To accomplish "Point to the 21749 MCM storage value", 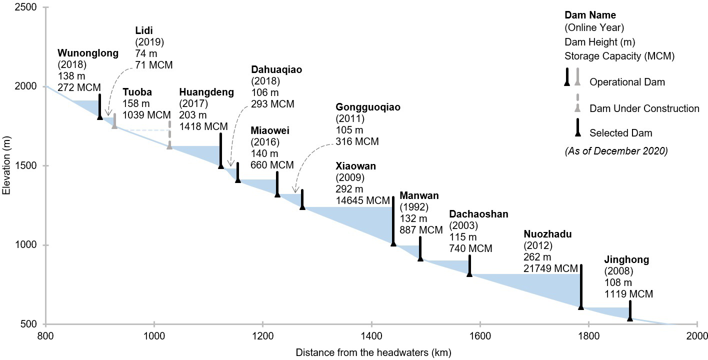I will (550, 268).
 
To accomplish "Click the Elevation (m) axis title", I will (6, 166).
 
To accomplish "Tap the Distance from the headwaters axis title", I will (373, 352).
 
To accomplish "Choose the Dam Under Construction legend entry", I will (644, 108).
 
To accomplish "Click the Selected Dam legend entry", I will (620, 133).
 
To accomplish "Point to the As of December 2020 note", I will (616, 151).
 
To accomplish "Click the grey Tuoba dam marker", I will (114, 121).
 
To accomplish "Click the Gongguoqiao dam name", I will (368, 107).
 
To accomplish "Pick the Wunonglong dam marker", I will (100, 106).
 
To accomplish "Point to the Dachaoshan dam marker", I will (469, 265).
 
